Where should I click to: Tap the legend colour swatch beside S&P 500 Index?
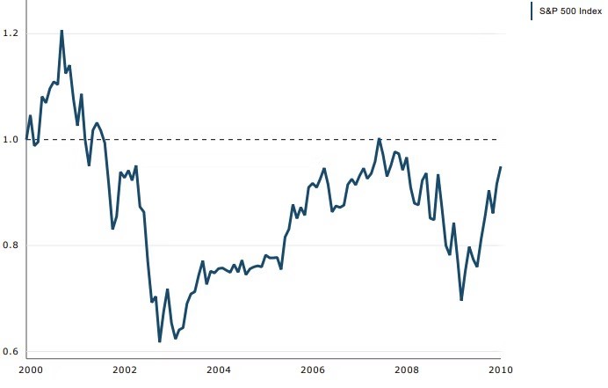click(532, 11)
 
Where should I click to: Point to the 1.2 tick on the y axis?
click(11, 33)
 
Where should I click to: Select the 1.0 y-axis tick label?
click(11, 139)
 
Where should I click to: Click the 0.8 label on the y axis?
click(11, 245)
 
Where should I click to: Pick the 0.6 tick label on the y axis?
click(11, 352)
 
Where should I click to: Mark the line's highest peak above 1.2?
click(62, 31)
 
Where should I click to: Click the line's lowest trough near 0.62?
click(160, 341)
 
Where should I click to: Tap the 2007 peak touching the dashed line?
click(379, 139)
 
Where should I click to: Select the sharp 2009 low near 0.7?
click(461, 300)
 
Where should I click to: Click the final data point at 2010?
click(501, 167)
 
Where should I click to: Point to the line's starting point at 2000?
click(27, 139)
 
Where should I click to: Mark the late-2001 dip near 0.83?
click(112, 229)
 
